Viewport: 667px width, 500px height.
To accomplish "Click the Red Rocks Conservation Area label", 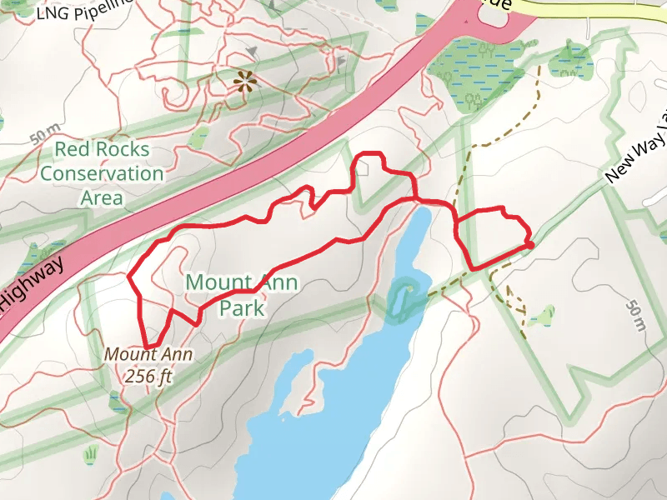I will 102,173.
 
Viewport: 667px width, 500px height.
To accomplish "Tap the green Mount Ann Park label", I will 242,294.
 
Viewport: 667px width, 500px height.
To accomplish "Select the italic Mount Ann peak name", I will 148,354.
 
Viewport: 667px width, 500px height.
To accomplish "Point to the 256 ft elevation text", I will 148,376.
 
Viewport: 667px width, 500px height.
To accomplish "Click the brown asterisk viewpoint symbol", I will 243,81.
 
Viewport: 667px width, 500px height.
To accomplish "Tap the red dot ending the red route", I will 529,244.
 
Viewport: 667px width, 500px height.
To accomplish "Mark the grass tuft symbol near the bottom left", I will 90,454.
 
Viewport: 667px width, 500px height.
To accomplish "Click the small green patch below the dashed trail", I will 544,315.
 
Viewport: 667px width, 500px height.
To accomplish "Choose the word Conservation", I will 102,173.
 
